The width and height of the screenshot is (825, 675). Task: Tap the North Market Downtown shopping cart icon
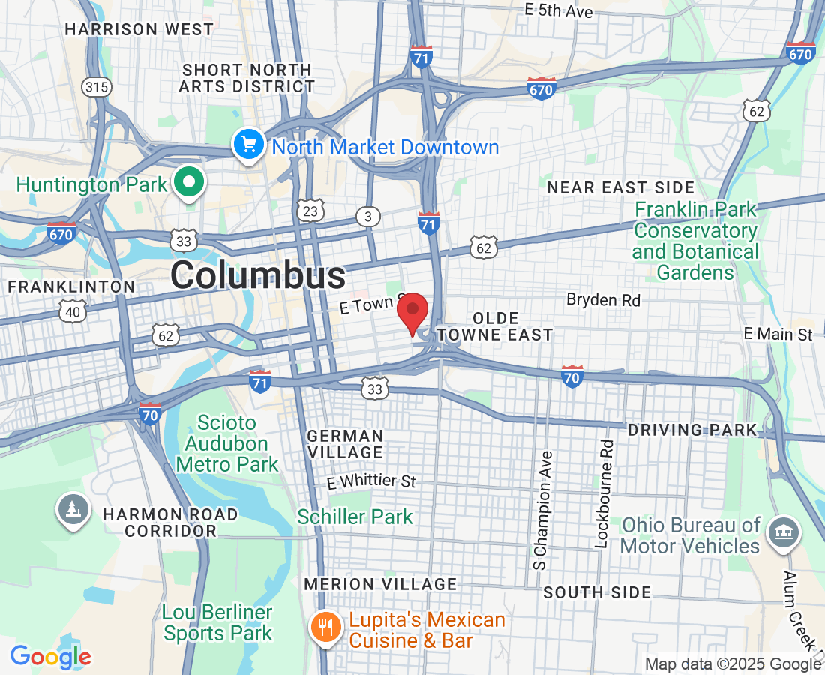click(x=247, y=144)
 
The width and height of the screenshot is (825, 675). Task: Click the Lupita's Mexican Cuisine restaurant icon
click(x=325, y=627)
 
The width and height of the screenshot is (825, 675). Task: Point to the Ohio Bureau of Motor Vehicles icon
click(x=782, y=533)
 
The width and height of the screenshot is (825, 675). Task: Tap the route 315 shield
click(x=97, y=88)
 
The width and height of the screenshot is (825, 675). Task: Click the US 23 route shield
click(x=310, y=211)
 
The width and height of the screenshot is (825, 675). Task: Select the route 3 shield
click(x=367, y=217)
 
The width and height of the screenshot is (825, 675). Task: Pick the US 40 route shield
click(x=73, y=310)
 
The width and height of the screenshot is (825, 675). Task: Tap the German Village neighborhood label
click(x=346, y=444)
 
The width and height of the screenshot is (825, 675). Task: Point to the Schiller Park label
click(x=355, y=517)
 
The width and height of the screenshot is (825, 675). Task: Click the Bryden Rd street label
click(x=603, y=300)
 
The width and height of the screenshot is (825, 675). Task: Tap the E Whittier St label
click(x=371, y=481)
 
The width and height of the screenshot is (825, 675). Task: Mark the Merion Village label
click(x=380, y=584)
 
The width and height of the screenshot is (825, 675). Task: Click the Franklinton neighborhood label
click(x=71, y=286)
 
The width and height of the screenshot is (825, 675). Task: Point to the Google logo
click(x=50, y=657)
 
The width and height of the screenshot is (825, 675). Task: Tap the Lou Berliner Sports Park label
click(x=217, y=623)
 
